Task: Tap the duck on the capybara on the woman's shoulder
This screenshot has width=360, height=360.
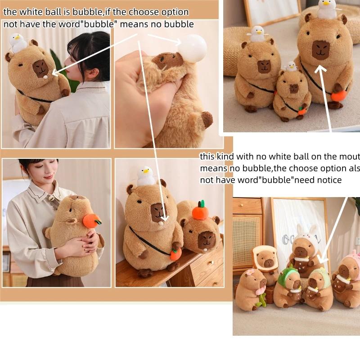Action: pyautogui.click(x=18, y=43)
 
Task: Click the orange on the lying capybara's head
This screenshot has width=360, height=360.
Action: pyautogui.click(x=200, y=211)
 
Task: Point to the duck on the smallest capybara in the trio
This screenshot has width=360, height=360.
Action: pyautogui.click(x=291, y=67)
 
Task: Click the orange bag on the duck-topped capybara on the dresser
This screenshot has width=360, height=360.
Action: pyautogui.click(x=175, y=253)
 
